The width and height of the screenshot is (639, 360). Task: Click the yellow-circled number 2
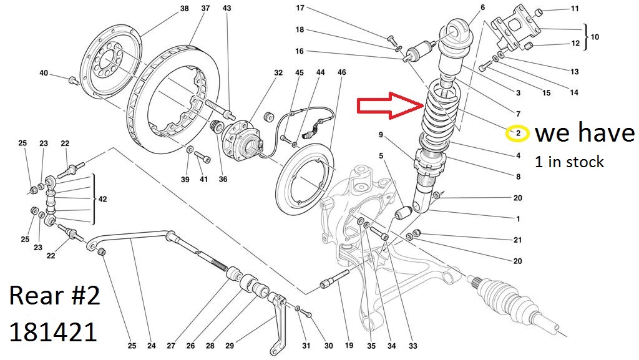click(519, 133)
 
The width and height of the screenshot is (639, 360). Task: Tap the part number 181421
click(53, 331)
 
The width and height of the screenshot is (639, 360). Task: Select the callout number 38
click(184, 8)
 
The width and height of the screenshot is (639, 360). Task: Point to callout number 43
click(227, 8)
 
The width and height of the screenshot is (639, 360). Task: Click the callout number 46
click(341, 73)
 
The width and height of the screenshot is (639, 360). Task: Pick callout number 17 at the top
click(300, 8)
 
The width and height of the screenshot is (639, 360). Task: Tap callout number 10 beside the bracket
click(594, 37)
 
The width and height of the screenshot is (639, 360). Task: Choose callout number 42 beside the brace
click(104, 200)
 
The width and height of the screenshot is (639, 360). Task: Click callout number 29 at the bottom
click(229, 346)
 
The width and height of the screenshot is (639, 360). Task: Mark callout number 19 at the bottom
click(348, 346)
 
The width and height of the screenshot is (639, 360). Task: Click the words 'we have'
click(585, 133)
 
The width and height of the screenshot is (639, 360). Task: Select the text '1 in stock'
click(569, 162)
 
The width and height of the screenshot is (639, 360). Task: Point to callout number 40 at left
click(43, 73)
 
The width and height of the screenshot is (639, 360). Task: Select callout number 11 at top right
click(575, 9)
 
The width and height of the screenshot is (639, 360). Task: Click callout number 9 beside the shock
click(381, 135)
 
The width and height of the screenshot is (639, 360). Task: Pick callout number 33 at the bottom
click(412, 346)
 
